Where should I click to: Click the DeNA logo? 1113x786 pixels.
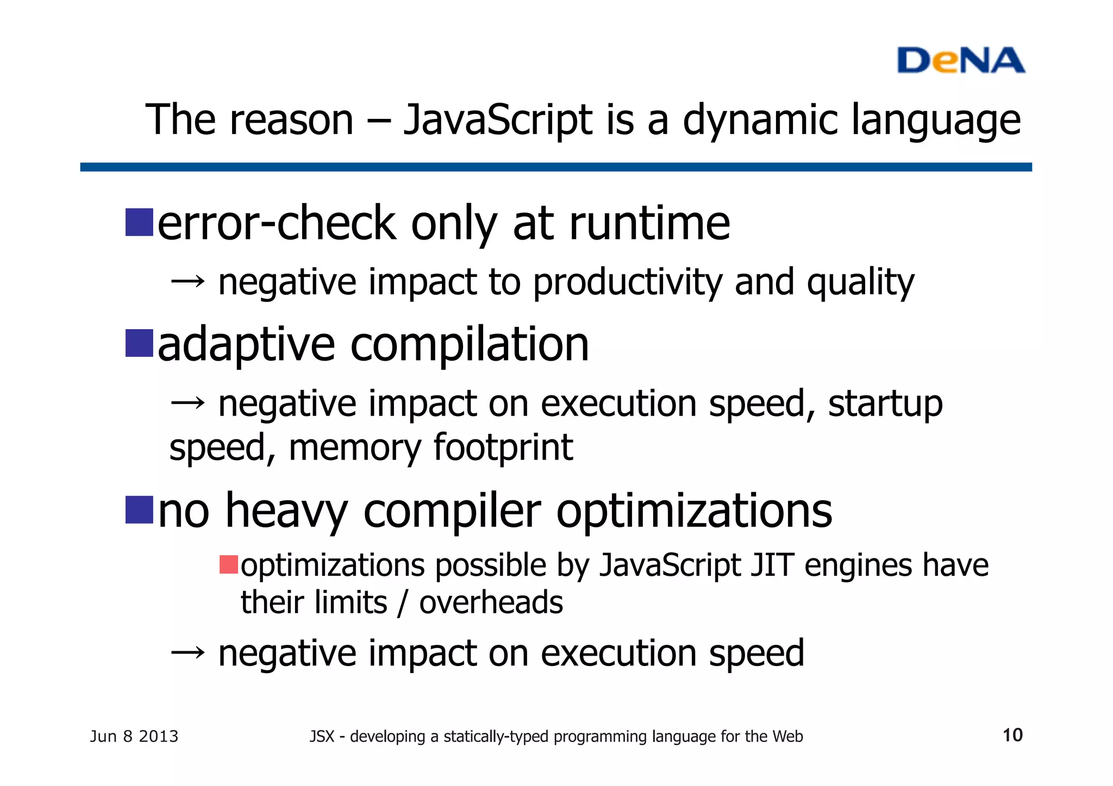[x=960, y=60]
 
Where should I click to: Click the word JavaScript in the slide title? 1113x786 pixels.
[x=498, y=121]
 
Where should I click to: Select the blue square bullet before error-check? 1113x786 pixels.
[x=139, y=222]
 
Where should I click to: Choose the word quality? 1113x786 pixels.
[x=860, y=283]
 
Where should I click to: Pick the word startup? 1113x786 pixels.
[x=885, y=404]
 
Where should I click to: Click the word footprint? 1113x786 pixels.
[x=503, y=448]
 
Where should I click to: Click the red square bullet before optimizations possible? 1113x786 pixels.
[x=229, y=565]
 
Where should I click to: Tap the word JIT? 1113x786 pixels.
[x=772, y=565]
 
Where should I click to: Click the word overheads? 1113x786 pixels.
[x=491, y=603]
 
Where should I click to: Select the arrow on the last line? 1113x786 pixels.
[x=187, y=652]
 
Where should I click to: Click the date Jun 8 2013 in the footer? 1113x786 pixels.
[x=134, y=737]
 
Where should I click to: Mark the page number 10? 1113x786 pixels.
[x=1012, y=735]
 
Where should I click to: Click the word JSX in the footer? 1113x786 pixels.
[x=322, y=737]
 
